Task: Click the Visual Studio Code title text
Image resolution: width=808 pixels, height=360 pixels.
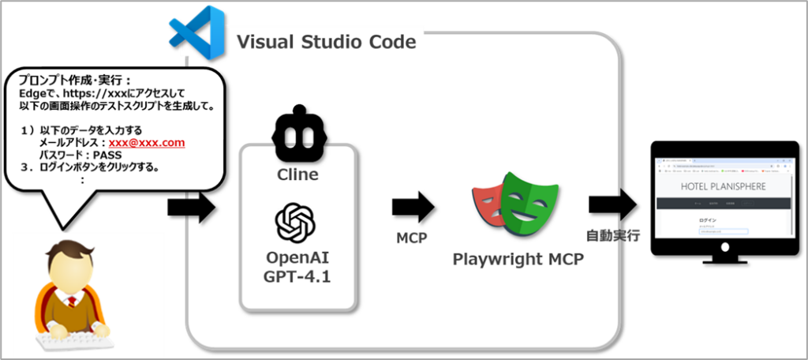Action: tap(326, 41)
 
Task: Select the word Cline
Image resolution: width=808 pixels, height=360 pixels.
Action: tap(298, 174)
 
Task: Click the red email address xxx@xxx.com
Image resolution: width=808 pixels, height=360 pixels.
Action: tap(147, 143)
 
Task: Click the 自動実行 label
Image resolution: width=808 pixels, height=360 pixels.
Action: tap(613, 234)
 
